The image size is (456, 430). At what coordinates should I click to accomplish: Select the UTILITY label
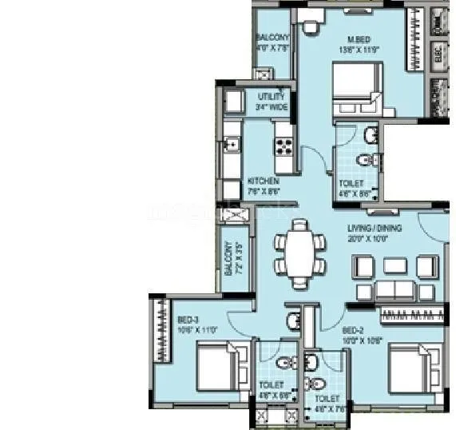(272, 97)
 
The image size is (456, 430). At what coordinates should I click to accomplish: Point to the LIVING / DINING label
(374, 228)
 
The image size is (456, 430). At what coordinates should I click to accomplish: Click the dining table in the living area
(299, 253)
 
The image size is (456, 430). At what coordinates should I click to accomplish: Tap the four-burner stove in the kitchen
(284, 145)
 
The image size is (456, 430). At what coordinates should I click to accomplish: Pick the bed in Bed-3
(215, 366)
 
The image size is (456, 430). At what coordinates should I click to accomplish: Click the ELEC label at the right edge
(438, 53)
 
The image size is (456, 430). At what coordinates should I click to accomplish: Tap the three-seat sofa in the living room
(398, 289)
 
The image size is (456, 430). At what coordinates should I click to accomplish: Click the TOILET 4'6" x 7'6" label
(326, 402)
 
